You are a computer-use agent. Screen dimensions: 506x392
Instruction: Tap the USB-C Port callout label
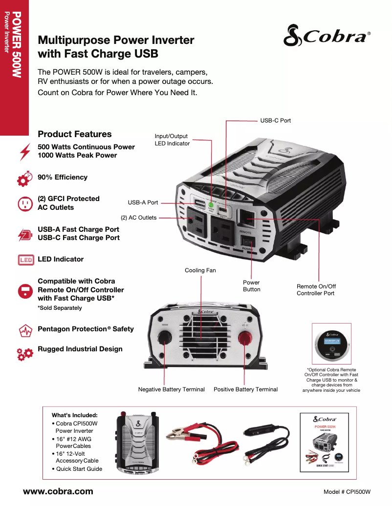point(275,120)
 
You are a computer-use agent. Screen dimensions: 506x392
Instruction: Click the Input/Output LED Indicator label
point(172,140)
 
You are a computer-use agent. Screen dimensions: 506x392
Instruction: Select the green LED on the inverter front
point(211,205)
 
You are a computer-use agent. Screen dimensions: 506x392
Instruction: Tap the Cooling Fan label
point(200,270)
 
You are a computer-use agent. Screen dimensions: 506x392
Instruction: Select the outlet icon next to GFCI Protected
point(24,203)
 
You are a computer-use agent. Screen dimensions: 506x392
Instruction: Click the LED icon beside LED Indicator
point(25,260)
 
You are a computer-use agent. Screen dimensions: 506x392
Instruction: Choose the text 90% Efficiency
point(63,177)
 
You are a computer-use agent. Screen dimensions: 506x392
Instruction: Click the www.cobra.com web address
point(58,491)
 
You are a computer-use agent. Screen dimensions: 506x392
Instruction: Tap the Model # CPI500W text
point(347,492)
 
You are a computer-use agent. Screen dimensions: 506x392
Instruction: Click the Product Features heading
point(75,134)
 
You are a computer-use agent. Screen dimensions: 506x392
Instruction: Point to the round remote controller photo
point(331,344)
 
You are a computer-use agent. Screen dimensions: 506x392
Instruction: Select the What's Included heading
point(74,415)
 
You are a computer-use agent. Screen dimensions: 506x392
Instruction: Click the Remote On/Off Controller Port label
point(316,290)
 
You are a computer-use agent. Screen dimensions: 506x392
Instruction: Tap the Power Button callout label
point(251,286)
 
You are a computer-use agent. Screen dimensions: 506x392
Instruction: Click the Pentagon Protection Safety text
point(86,329)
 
